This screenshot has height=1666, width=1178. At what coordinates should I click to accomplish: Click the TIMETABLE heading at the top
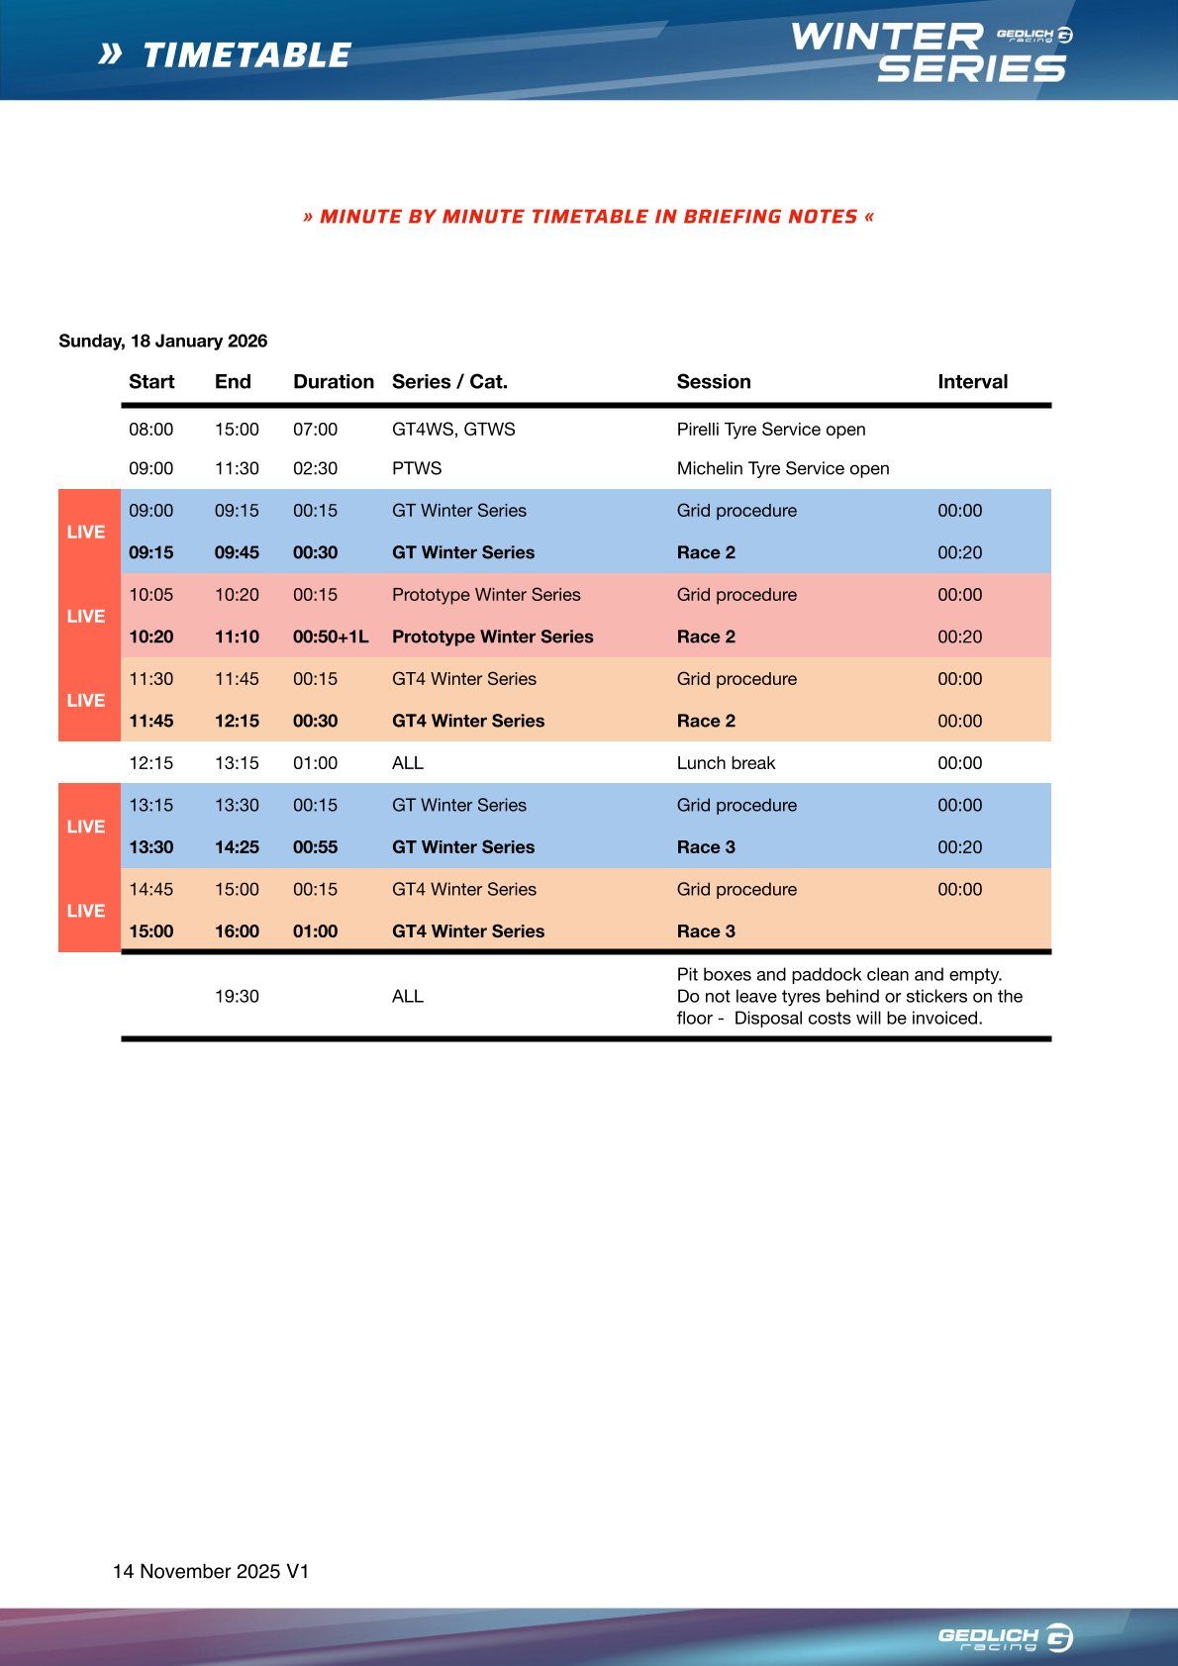click(246, 55)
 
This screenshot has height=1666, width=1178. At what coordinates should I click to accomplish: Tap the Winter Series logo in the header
click(930, 52)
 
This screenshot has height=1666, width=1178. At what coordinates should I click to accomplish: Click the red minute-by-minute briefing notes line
click(588, 217)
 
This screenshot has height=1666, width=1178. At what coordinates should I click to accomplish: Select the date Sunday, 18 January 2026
click(163, 342)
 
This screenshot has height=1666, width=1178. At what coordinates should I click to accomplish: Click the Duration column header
click(334, 382)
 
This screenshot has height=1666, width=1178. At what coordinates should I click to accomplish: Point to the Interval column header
click(972, 382)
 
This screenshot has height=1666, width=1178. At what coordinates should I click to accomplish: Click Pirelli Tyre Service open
click(771, 430)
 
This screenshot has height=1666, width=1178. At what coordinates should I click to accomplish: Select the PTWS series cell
click(417, 468)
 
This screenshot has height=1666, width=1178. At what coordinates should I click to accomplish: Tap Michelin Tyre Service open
click(783, 468)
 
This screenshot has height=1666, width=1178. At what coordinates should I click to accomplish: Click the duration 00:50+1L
click(331, 637)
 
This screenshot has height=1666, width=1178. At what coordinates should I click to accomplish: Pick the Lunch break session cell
click(726, 763)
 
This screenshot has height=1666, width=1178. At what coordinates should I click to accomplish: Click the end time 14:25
click(237, 847)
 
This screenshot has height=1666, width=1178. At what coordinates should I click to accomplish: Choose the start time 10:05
click(150, 595)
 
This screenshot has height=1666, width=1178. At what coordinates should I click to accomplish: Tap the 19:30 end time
click(237, 997)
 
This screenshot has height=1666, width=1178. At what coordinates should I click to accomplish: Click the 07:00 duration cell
click(315, 430)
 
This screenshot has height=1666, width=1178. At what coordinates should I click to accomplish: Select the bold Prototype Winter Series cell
click(492, 637)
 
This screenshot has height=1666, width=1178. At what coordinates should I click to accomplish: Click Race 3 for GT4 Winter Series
click(706, 931)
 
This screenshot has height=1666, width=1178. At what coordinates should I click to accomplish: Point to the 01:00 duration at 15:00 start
click(315, 931)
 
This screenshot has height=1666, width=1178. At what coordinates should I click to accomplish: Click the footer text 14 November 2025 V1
click(211, 1572)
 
